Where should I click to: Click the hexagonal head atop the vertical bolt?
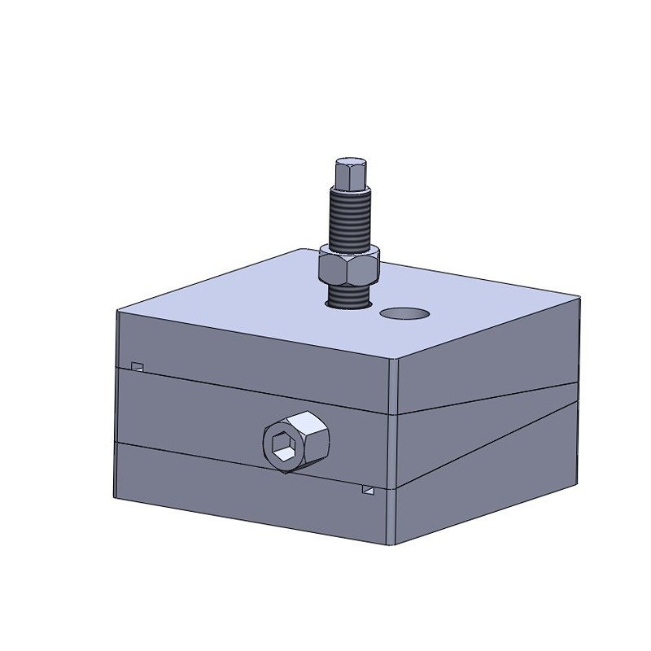(350, 173)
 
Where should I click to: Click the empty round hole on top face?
(404, 313)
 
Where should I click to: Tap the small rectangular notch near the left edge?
(138, 365)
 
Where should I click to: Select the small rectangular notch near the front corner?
(369, 491)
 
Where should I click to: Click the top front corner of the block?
(395, 359)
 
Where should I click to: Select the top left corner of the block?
(119, 312)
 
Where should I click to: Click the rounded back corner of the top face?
(301, 251)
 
